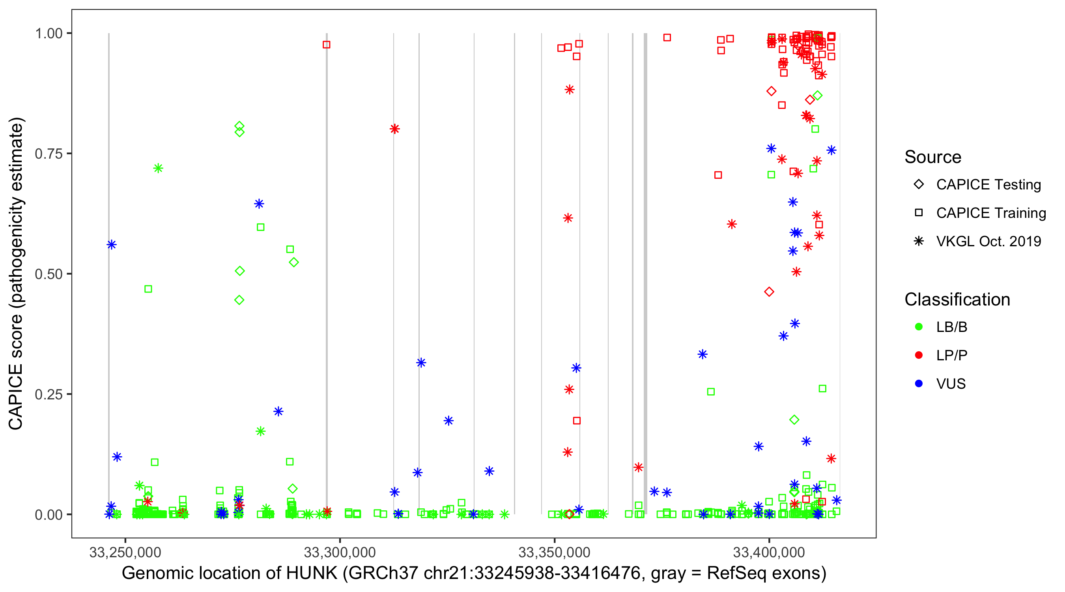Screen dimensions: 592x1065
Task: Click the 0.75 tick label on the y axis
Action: click(x=48, y=154)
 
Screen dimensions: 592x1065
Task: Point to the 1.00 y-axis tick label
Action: click(x=48, y=34)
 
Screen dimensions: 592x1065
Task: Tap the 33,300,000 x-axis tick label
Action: click(x=340, y=552)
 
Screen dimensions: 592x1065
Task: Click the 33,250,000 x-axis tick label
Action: click(x=125, y=552)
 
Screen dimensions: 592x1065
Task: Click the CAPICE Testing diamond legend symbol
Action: click(x=919, y=185)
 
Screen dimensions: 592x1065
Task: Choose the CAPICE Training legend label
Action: click(x=990, y=213)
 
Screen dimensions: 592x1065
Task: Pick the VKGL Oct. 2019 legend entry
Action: click(x=988, y=242)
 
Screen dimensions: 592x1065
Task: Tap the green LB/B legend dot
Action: click(x=919, y=327)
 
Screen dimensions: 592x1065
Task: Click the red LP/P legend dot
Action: click(x=919, y=355)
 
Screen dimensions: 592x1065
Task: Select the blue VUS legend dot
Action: click(x=919, y=384)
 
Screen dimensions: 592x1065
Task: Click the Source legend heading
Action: click(x=933, y=157)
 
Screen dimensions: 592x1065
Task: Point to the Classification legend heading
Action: click(x=957, y=300)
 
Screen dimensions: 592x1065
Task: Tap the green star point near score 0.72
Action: click(x=158, y=169)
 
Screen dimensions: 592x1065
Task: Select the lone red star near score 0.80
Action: click(x=394, y=129)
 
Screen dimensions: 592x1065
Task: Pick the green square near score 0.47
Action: click(x=148, y=289)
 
